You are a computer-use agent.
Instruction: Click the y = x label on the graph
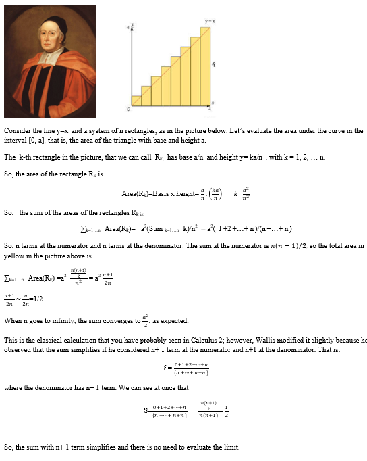pos(209,22)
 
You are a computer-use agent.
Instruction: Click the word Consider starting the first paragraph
pos(16,130)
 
